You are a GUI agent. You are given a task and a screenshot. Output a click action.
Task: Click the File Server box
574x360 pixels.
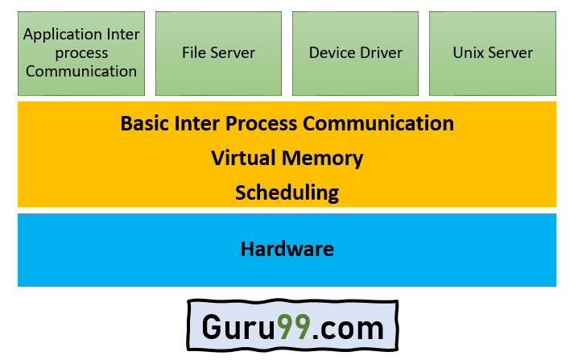pos(218,53)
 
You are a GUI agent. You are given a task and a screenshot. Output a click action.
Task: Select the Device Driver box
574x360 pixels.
pos(355,53)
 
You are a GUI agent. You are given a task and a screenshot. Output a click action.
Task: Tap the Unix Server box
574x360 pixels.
pos(493,53)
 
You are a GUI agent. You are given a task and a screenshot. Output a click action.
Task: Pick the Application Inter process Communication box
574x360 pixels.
pos(81,53)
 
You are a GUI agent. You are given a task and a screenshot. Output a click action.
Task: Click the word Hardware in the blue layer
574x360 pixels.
pos(287,249)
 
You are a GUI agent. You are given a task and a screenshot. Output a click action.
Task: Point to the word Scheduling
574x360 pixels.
pos(287,193)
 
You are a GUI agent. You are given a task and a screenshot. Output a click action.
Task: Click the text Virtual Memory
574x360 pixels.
pos(287,159)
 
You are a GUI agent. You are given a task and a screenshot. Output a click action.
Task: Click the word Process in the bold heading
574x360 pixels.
pos(265,124)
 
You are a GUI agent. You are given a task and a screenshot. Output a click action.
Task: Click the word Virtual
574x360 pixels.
pos(243,159)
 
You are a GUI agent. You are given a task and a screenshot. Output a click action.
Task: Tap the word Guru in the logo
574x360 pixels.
pos(238,329)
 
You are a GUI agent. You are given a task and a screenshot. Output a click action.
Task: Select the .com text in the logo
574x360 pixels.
pos(348,329)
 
